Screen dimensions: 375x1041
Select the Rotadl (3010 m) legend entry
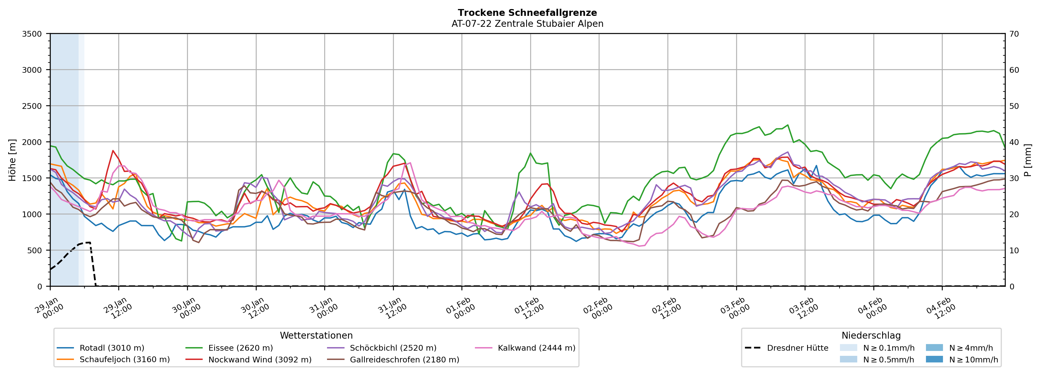(111, 348)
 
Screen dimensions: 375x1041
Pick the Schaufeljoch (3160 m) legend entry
(124, 360)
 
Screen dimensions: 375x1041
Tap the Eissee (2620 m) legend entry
(240, 348)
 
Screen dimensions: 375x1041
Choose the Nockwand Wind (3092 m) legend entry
(260, 360)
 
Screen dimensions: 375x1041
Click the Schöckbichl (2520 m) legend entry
(393, 348)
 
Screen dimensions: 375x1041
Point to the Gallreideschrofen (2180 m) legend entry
(405, 360)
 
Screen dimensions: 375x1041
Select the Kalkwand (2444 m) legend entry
(536, 348)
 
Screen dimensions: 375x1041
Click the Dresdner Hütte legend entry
(797, 348)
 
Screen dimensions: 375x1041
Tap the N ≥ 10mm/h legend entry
(973, 360)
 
